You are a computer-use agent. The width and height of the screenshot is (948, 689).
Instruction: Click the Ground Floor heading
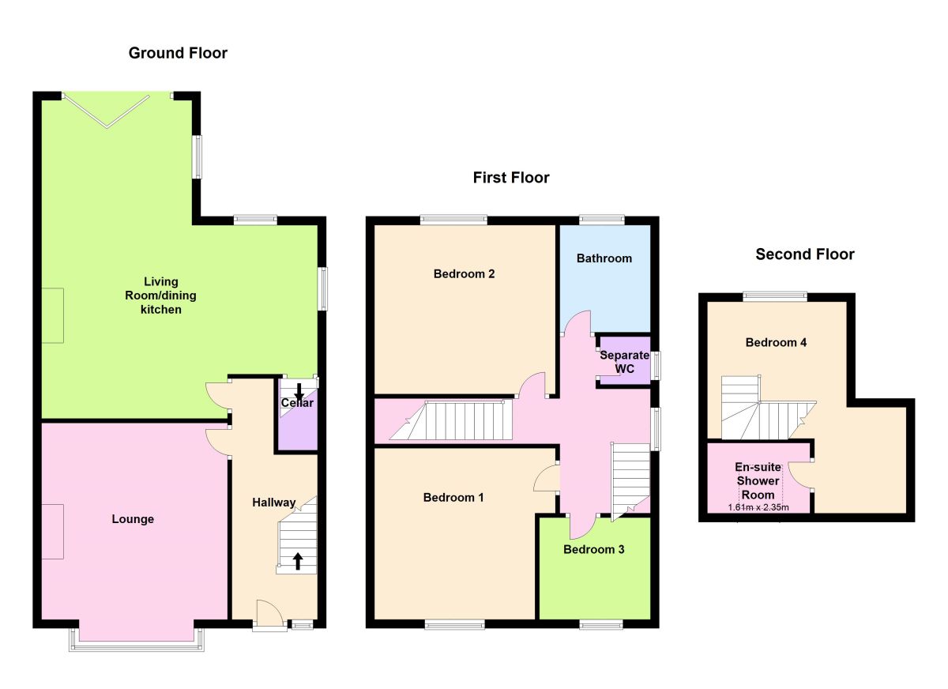tap(178, 53)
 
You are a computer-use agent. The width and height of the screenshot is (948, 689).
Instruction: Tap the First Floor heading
tap(511, 178)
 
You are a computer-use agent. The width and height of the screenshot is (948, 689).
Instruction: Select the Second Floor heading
tap(804, 254)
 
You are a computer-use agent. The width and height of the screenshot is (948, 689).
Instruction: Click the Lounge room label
tap(133, 519)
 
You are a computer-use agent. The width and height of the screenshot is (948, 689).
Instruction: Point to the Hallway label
tap(274, 503)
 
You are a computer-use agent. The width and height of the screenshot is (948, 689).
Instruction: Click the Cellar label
tap(297, 403)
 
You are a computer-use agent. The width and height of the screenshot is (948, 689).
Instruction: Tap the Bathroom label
tap(604, 258)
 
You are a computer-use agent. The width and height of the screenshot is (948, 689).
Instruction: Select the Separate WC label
tap(624, 362)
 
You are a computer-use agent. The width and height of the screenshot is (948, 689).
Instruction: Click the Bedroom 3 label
tap(593, 549)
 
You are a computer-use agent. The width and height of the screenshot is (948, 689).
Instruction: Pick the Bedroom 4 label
tap(776, 342)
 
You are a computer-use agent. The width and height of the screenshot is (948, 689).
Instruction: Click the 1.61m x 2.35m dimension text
tap(758, 507)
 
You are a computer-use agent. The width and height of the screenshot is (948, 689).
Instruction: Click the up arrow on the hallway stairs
tap(298, 561)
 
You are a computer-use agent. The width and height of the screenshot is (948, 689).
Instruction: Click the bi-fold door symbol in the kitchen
tap(106, 111)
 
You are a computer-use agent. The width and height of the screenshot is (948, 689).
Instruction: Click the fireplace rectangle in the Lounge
tap(52, 532)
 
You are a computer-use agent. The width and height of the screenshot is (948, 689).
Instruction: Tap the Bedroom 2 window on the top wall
tap(453, 220)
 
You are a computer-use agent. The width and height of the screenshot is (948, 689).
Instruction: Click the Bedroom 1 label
tap(453, 497)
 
